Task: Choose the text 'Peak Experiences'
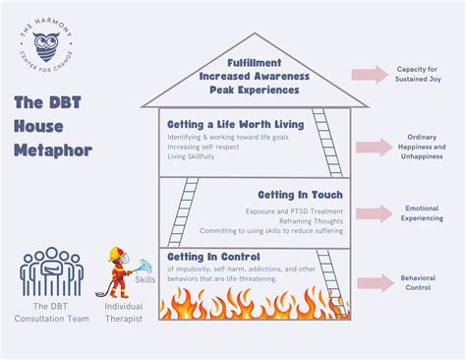pos(255,89)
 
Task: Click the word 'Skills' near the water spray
pos(146,280)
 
